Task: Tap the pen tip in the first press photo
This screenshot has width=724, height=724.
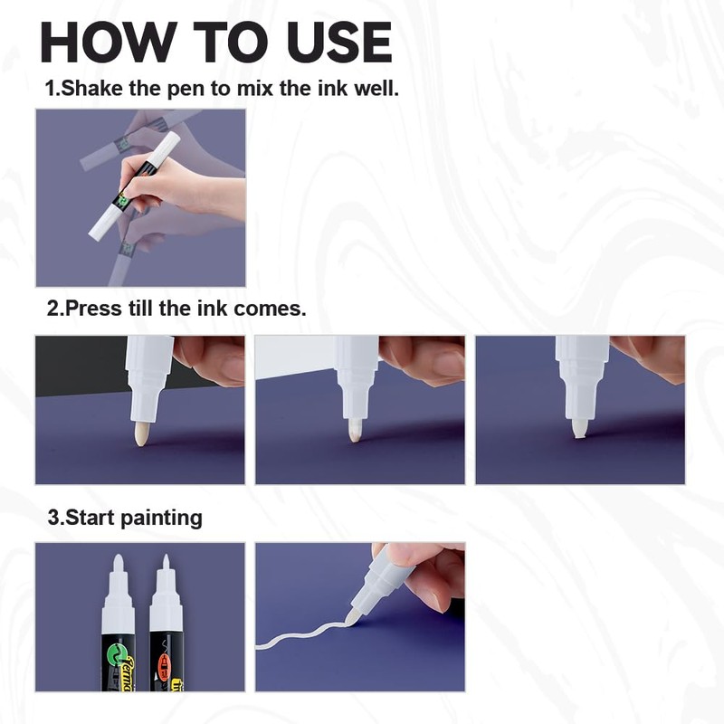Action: coord(142,435)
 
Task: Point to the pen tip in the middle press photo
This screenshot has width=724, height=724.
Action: coord(356,432)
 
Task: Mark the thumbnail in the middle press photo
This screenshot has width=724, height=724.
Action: coord(443,362)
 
